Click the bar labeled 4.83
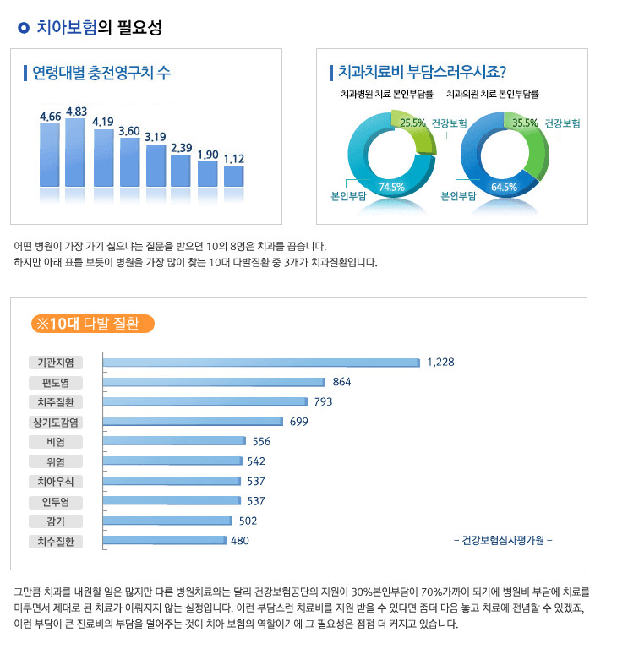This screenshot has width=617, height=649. pyautogui.click(x=76, y=152)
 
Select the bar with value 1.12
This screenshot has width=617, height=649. pyautogui.click(x=234, y=176)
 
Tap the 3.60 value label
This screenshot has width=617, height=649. pyautogui.click(x=129, y=131)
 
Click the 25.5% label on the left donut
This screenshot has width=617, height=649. pyautogui.click(x=412, y=123)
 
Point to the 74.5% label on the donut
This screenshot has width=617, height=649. pyautogui.click(x=391, y=187)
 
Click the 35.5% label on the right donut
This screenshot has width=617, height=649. pyautogui.click(x=525, y=123)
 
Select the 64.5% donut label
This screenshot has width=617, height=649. pyautogui.click(x=504, y=187)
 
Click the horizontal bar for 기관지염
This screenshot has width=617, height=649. pyautogui.click(x=262, y=363)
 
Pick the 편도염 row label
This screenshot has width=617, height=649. pyautogui.click(x=56, y=382)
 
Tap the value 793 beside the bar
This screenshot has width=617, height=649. pyautogui.click(x=323, y=401)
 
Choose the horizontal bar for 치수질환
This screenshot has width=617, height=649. pyautogui.click(x=166, y=541)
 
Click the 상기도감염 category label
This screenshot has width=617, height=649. pyautogui.click(x=56, y=422)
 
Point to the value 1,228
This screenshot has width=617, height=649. pyautogui.click(x=440, y=362)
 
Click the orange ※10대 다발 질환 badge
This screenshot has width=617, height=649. pyautogui.click(x=91, y=323)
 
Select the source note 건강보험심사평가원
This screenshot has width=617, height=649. pyautogui.click(x=503, y=541)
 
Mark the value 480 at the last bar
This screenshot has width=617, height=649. pyautogui.click(x=240, y=541)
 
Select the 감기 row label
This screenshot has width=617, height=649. pyautogui.click(x=56, y=521)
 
